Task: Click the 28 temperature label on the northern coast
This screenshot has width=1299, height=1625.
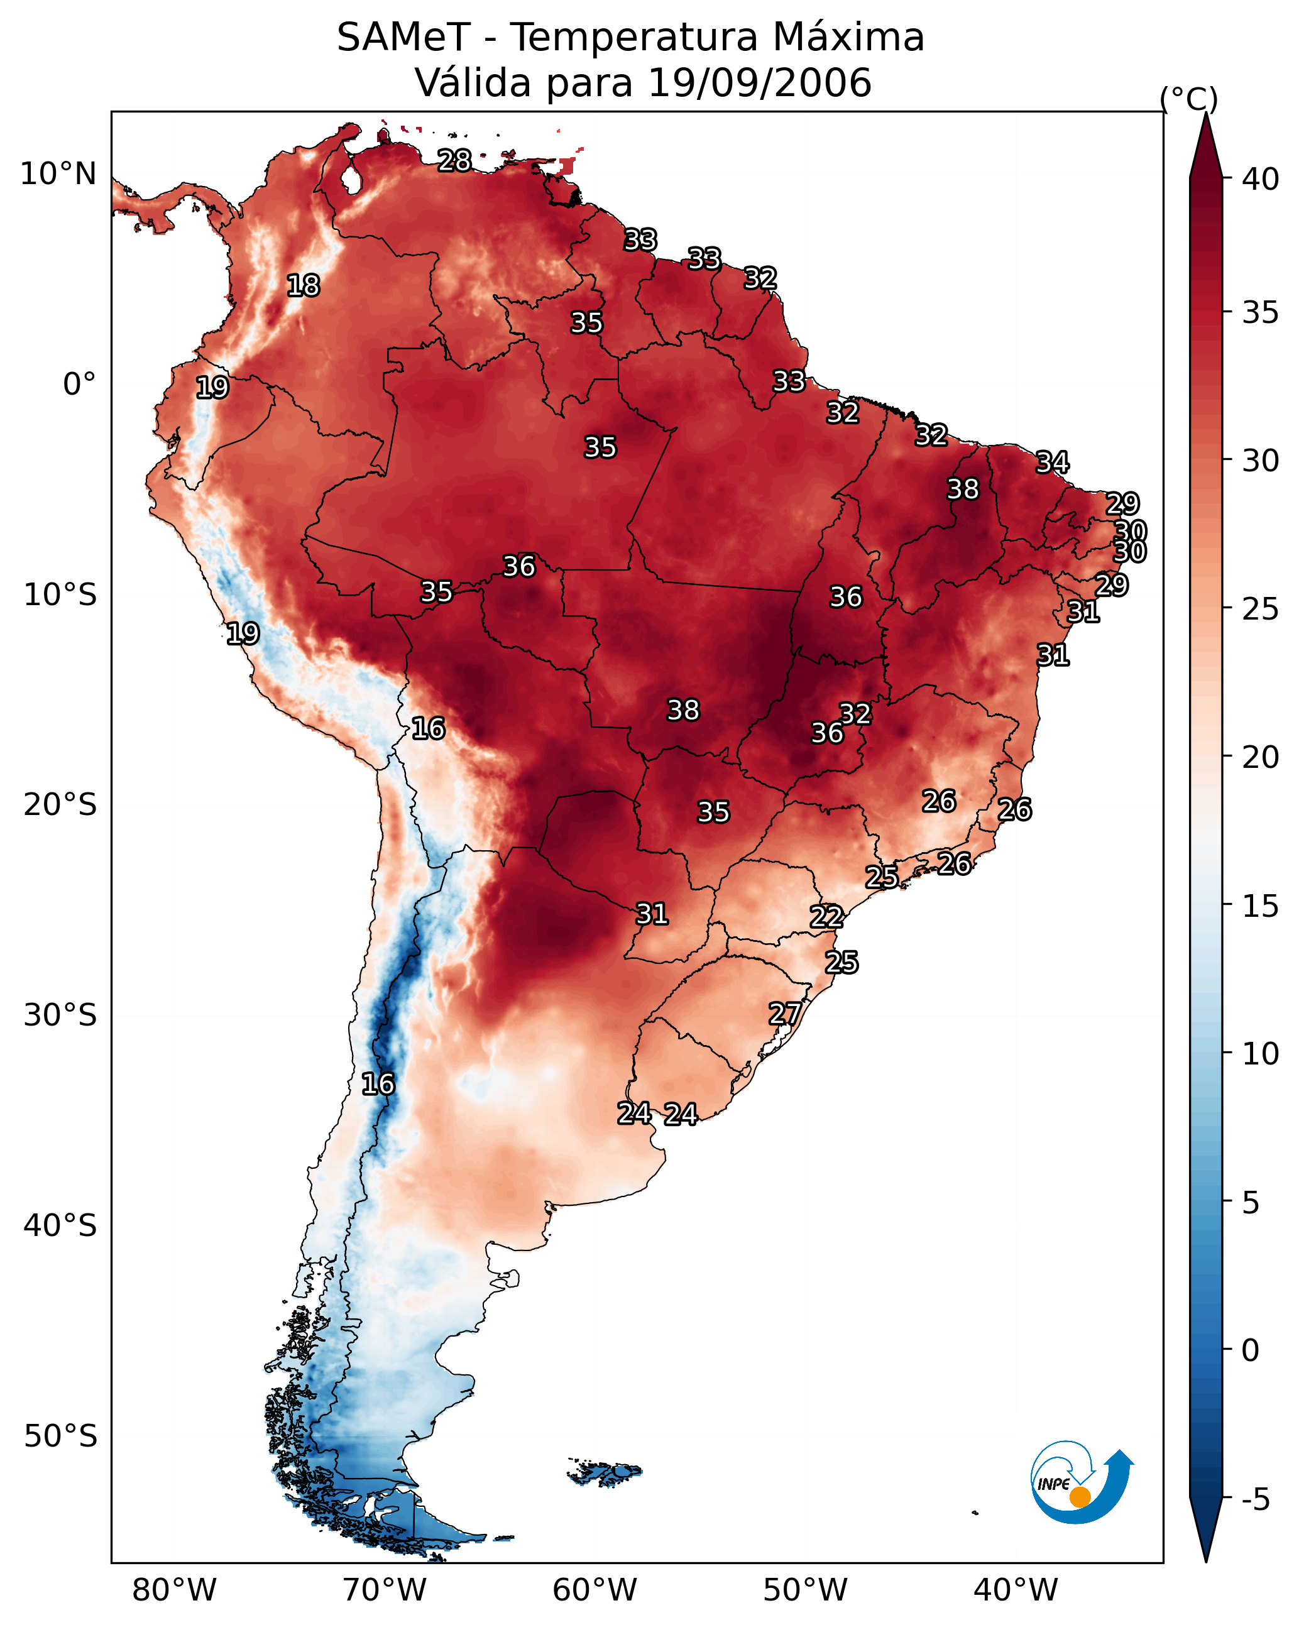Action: click(454, 160)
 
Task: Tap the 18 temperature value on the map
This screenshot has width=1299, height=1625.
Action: click(303, 286)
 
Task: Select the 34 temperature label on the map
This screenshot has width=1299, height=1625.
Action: click(1052, 462)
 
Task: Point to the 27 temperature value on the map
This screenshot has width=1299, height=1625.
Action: click(785, 1013)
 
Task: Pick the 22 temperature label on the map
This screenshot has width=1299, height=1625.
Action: click(826, 917)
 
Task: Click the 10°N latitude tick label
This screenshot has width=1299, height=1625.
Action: click(58, 174)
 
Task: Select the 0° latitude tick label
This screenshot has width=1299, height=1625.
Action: click(79, 385)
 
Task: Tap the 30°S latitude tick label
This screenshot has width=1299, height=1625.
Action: click(60, 1015)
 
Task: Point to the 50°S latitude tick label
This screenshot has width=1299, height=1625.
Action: click(60, 1436)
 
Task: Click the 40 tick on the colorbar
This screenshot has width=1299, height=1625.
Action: click(1261, 179)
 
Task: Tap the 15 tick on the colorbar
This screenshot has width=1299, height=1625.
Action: click(1261, 906)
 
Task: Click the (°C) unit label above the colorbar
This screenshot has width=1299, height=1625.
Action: click(1188, 99)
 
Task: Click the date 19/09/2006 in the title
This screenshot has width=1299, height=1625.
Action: click(759, 83)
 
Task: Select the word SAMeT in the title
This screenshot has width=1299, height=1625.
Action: click(403, 38)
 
